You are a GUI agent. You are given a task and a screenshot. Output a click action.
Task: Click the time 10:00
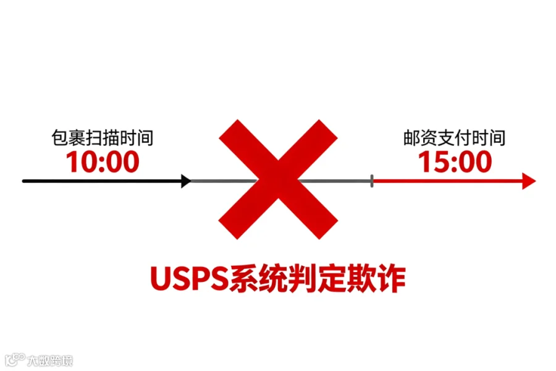103,162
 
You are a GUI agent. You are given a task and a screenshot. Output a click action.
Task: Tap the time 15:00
455,162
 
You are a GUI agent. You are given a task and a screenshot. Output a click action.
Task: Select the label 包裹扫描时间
103,137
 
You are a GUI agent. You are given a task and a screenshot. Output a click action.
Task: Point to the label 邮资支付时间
455,137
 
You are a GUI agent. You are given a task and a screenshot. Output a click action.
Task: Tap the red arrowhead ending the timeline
529,181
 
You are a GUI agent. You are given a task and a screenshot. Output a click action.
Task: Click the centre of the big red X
279,180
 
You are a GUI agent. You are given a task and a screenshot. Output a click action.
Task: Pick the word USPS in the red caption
188,279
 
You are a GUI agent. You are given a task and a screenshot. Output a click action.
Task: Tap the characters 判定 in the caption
317,279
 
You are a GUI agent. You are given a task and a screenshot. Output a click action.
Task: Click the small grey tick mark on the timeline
372,181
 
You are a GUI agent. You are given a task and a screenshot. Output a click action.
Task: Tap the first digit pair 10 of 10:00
80,162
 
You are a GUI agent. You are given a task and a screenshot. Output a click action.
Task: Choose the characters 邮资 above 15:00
417,137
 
